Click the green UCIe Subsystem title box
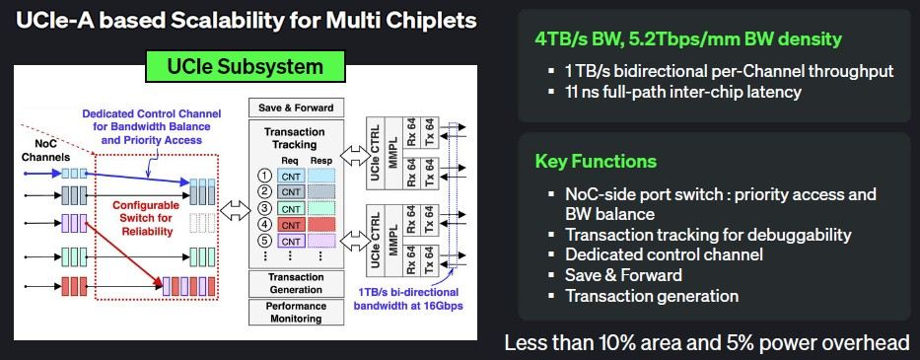[x=245, y=66]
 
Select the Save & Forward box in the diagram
[x=296, y=108]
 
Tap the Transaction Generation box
[x=296, y=283]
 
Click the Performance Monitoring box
[x=296, y=313]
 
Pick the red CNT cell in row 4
[x=291, y=224]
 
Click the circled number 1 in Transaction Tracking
[x=264, y=176]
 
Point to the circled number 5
[x=264, y=241]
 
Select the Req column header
[x=291, y=161]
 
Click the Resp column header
[x=321, y=161]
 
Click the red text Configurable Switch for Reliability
[x=147, y=218]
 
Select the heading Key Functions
[x=596, y=162]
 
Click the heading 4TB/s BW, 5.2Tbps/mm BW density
[x=688, y=38]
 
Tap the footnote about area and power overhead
[x=708, y=342]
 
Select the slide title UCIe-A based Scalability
[x=246, y=21]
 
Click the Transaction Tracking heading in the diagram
[x=294, y=138]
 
